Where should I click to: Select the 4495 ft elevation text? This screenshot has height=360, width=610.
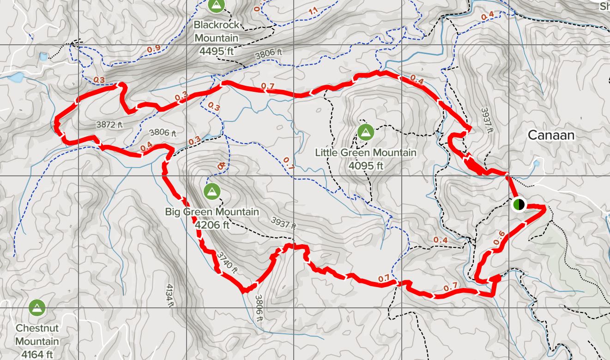[217, 52]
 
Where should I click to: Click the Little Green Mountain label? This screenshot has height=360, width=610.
[366, 152]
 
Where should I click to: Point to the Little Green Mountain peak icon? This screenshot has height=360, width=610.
[366, 132]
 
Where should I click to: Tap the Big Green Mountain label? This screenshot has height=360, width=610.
[212, 212]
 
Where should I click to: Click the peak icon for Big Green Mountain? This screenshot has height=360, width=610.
[211, 190]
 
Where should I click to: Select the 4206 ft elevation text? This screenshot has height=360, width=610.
[212, 225]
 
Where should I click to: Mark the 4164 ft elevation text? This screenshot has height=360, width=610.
[37, 354]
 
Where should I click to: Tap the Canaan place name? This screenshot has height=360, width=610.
[551, 135]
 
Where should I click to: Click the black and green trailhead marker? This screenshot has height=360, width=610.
[519, 204]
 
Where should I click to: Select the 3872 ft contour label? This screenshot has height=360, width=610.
[110, 125]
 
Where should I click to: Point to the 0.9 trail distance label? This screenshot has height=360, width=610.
[154, 48]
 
